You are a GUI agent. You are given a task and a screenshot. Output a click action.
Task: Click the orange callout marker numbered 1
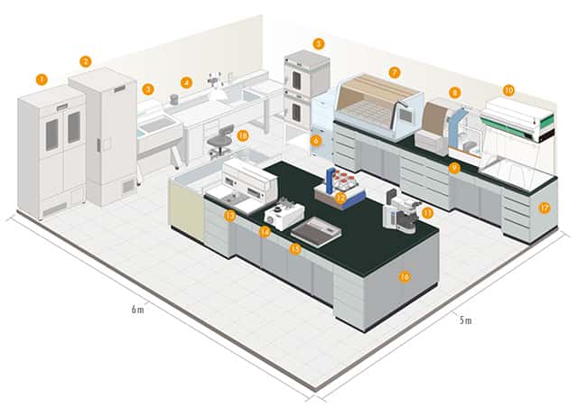point(42,79)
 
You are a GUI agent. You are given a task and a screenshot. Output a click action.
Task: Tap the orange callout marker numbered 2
point(85,61)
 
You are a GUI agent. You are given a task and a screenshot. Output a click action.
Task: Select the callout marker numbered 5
point(318,43)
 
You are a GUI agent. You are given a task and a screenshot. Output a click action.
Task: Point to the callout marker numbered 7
point(394,71)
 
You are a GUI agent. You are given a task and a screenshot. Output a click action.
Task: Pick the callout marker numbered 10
point(508,90)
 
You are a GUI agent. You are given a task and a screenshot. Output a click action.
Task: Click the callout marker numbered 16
point(405,277)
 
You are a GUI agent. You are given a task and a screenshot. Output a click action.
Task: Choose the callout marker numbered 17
point(544,207)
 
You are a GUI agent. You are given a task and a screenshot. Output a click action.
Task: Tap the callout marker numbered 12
point(340,196)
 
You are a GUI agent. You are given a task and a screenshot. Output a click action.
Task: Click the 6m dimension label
point(135,310)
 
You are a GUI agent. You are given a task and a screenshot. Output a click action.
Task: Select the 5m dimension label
point(463,320)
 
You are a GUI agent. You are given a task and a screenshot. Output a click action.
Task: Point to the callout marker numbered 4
point(186,82)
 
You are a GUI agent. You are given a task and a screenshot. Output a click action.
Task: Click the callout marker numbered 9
point(454,168)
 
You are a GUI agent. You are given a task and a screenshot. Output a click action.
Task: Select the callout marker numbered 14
point(265,231)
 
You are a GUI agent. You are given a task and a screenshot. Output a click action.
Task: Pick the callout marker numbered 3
point(147,88)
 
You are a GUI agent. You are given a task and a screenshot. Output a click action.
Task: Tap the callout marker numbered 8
point(454,92)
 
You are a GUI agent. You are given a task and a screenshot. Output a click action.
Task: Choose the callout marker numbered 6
point(316,140)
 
